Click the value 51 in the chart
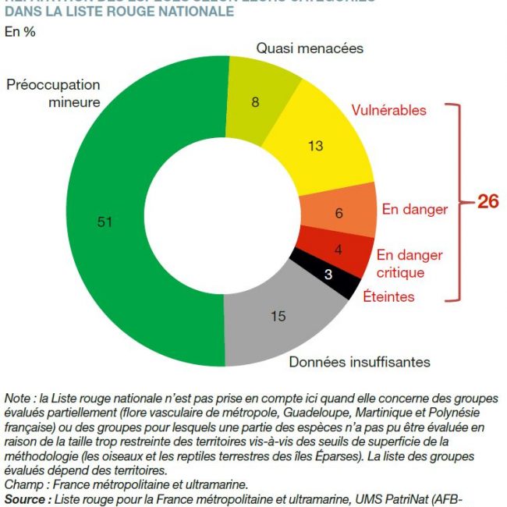tap(105, 222)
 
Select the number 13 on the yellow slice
tap(315, 145)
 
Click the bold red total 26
tap(487, 201)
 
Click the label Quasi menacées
tap(310, 48)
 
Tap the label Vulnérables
tap(388, 110)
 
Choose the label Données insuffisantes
tap(360, 362)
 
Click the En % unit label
tap(20, 32)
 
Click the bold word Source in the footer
tap(24, 496)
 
